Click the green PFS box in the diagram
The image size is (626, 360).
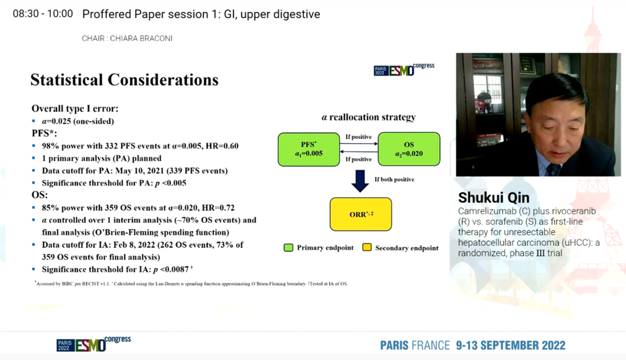point(308,149)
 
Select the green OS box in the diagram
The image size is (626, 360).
point(409,149)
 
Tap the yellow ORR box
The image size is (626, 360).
point(361,214)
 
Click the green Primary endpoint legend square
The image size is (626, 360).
point(288,248)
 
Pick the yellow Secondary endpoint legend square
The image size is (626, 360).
point(366,248)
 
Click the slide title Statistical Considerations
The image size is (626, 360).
point(125,80)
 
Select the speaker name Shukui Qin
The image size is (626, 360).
point(494,198)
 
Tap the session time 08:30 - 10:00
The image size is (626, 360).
point(43,14)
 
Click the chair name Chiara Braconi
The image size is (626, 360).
point(141,38)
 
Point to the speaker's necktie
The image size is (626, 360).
point(554,169)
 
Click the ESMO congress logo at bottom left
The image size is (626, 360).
point(94,344)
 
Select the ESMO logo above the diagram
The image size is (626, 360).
point(404,70)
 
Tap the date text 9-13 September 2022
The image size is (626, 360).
point(511,346)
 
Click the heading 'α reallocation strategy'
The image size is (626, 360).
point(369,117)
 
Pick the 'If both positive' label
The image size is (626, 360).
point(394,180)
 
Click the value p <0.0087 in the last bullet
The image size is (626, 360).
point(171,270)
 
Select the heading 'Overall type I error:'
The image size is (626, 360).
point(75,108)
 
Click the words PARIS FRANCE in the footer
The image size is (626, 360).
point(415,346)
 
